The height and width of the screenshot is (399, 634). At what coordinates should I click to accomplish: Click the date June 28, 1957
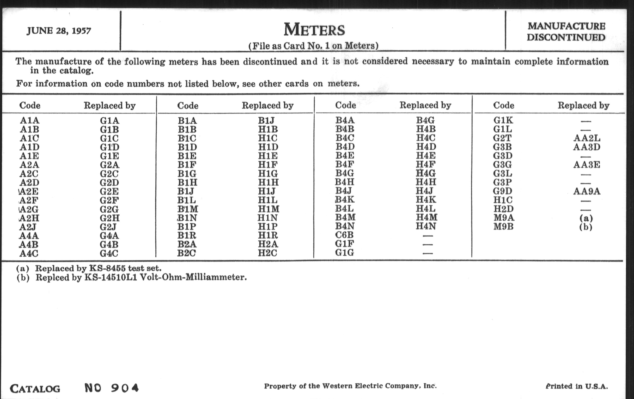point(59,31)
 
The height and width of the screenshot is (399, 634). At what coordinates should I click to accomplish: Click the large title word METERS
point(314,29)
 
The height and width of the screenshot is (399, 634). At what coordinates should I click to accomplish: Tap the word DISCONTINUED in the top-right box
point(566,37)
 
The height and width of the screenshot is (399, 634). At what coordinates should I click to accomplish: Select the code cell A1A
point(29,120)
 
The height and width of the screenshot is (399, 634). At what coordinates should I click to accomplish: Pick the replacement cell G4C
point(109,253)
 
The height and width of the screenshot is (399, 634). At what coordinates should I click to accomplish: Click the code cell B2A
point(187,244)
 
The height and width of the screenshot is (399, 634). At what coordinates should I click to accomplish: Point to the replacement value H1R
point(268,235)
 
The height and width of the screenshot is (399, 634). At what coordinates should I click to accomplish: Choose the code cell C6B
point(344,235)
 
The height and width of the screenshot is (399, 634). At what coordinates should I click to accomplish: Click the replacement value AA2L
point(587,138)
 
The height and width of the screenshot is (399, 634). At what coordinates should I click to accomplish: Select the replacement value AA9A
point(587,191)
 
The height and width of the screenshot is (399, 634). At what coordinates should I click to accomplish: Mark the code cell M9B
point(503,227)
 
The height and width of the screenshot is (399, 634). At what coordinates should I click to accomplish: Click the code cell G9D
point(503,191)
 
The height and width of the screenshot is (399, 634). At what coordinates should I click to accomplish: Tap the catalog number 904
point(125,388)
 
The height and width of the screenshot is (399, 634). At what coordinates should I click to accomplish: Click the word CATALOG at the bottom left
point(35,389)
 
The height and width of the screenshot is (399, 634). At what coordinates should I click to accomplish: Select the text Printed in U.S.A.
point(577,386)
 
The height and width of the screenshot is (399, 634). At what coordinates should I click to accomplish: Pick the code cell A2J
point(28,227)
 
